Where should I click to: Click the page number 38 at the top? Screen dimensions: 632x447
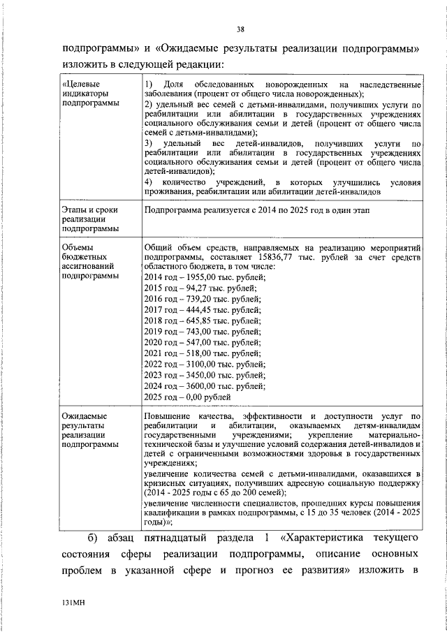(240, 29)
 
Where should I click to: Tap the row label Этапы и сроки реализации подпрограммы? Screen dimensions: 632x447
(89, 219)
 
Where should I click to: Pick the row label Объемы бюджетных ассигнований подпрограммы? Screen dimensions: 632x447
(90, 261)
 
